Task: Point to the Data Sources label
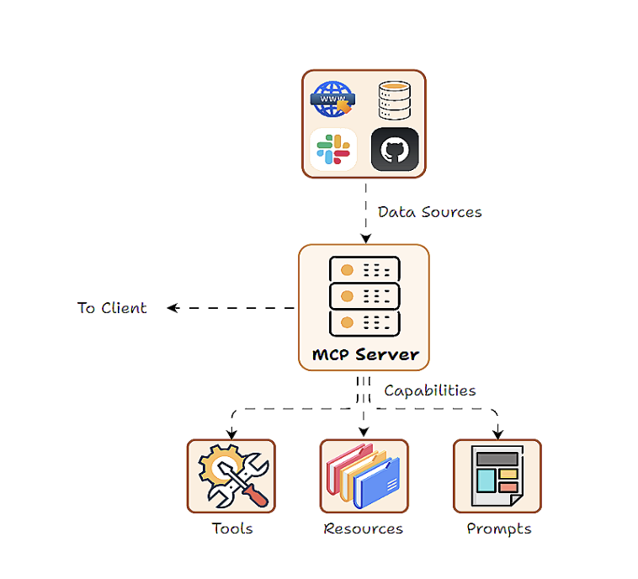pyautogui.click(x=429, y=212)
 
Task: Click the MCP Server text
pyautogui.click(x=365, y=354)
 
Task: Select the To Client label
pyautogui.click(x=112, y=308)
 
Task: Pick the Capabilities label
pyautogui.click(x=430, y=390)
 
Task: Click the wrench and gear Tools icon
pyautogui.click(x=232, y=476)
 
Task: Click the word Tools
pyautogui.click(x=232, y=529)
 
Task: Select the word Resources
pyautogui.click(x=364, y=529)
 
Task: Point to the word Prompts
pyautogui.click(x=499, y=529)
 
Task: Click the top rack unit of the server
pyautogui.click(x=364, y=270)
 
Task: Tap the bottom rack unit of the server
pyautogui.click(x=364, y=322)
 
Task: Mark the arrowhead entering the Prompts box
pyautogui.click(x=497, y=433)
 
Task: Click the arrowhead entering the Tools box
pyautogui.click(x=231, y=433)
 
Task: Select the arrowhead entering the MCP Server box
pyautogui.click(x=365, y=239)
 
